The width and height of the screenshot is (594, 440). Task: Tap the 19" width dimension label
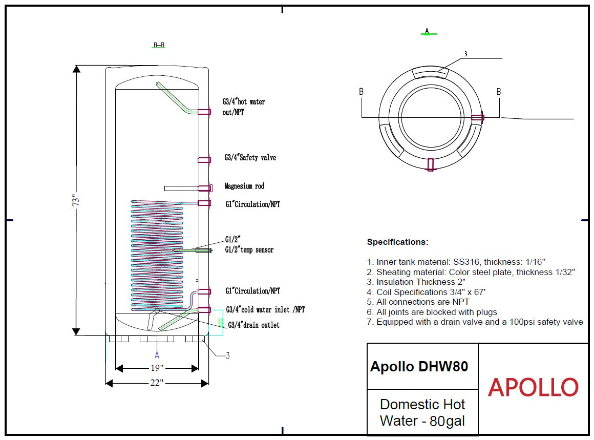(157, 368)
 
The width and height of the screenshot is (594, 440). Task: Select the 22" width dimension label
(157, 383)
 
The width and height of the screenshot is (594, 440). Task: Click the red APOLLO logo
(533, 388)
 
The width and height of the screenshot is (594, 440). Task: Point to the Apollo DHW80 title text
(419, 366)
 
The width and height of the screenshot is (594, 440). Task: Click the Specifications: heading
(397, 242)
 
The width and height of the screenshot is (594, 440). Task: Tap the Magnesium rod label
(244, 186)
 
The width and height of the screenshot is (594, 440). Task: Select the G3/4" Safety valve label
(250, 158)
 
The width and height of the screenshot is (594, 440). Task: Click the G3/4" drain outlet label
(253, 325)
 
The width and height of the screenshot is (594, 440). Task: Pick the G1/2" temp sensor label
(249, 250)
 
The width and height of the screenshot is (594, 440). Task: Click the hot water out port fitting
(204, 111)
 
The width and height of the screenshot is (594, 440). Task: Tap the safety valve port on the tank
(204, 160)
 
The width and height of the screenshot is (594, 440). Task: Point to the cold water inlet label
(265, 310)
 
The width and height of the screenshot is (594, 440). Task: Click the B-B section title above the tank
(159, 45)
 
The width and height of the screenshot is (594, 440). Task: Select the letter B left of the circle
(362, 92)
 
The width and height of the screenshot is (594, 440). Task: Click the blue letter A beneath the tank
(157, 354)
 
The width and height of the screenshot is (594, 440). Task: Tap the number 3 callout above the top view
(465, 54)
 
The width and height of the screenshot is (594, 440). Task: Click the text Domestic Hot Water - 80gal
(422, 412)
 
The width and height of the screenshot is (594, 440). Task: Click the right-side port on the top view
(478, 118)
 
